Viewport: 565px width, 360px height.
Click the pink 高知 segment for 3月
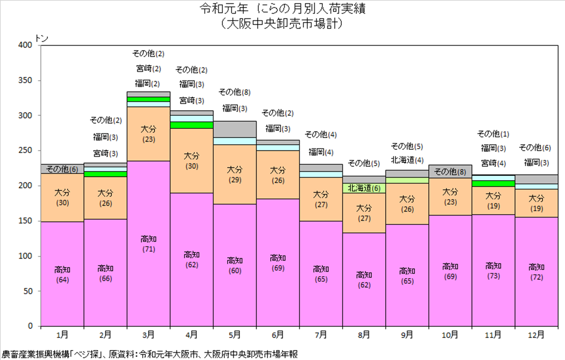click(148, 243)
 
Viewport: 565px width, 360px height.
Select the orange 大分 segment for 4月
click(192, 161)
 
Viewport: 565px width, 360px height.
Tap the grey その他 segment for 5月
click(235, 129)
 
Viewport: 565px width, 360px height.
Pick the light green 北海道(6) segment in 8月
click(364, 188)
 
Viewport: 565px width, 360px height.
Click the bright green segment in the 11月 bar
click(493, 184)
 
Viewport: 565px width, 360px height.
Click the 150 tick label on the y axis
click(25, 221)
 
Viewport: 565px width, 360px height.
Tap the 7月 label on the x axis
click(321, 335)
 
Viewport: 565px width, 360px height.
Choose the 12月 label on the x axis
click(536, 335)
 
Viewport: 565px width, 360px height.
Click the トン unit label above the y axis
click(41, 38)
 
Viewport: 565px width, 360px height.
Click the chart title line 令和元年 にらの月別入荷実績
click(283, 9)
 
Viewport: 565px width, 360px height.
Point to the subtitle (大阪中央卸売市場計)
click(283, 24)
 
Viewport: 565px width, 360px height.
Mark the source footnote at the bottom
click(150, 354)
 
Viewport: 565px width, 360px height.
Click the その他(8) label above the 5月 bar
click(235, 92)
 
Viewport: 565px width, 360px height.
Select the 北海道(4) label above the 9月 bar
click(407, 160)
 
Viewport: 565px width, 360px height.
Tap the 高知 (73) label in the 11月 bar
click(493, 271)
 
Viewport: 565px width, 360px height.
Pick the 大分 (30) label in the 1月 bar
click(62, 198)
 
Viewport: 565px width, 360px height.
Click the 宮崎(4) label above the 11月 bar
click(493, 163)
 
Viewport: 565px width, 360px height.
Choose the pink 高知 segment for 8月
click(364, 280)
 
